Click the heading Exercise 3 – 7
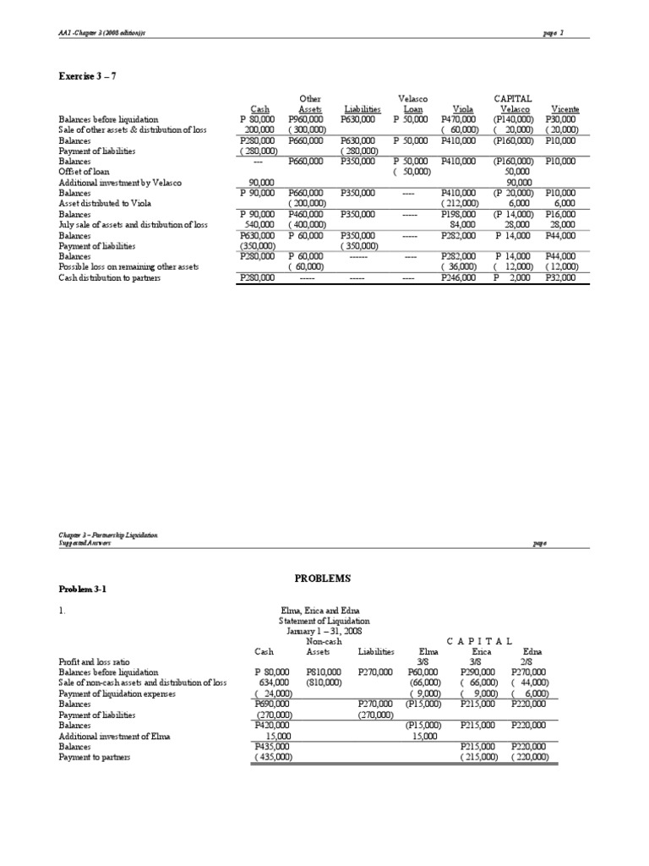pyautogui.click(x=87, y=76)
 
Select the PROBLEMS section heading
pyautogui.click(x=324, y=578)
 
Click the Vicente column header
pyautogui.click(x=564, y=109)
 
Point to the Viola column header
pyautogui.click(x=463, y=109)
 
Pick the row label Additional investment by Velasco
pyautogui.click(x=119, y=182)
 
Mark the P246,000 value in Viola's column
pyautogui.click(x=461, y=277)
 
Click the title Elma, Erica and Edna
pyautogui.click(x=323, y=610)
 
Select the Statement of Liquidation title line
pyautogui.click(x=324, y=621)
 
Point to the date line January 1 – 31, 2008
pyautogui.click(x=324, y=631)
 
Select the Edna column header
pyautogui.click(x=532, y=651)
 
